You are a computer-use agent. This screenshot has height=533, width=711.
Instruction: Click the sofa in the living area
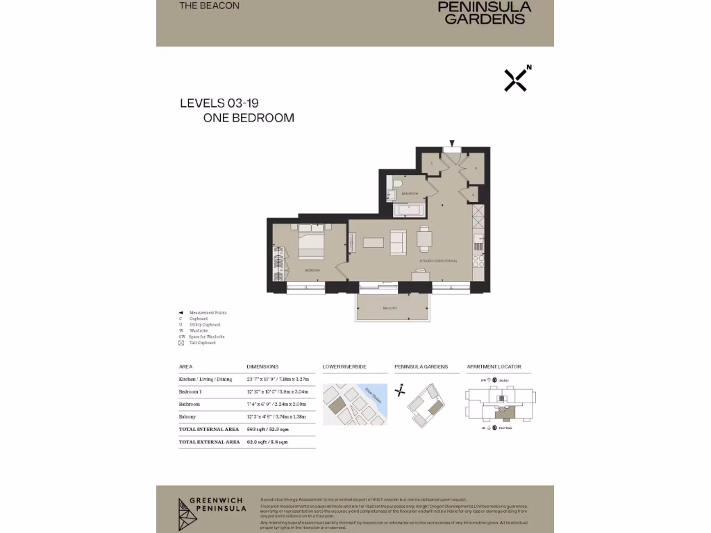coord(399,242)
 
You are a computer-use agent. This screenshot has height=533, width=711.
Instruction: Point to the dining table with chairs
coord(425,238)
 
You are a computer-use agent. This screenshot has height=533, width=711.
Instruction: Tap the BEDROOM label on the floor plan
coord(312,269)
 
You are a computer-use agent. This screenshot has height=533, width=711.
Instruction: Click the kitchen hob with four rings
coord(478,262)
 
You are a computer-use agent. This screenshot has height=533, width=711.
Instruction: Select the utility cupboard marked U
coord(476,167)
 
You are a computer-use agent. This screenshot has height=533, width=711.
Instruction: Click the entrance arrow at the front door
coord(452,143)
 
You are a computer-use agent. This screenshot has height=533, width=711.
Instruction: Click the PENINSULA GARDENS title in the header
coord(485,12)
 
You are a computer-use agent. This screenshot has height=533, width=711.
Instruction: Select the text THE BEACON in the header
coord(209,6)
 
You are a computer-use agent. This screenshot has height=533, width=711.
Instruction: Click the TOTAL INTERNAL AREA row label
coord(209,430)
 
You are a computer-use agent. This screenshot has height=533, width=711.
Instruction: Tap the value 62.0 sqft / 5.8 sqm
coord(267,441)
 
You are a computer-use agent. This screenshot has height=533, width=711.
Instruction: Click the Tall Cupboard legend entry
coord(201,343)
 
